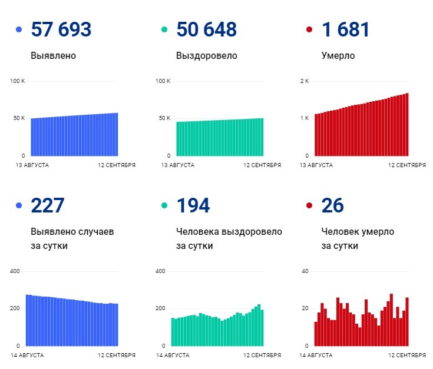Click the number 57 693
[61, 29]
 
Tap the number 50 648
[206, 29]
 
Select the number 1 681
[345, 29]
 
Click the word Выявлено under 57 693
[53, 56]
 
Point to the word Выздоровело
[206, 56]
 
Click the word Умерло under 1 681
[338, 56]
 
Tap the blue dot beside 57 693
[19, 29]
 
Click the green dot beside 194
[164, 205]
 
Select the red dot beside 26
[309, 205]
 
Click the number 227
[47, 205]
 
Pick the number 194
[193, 205]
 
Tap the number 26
[333, 205]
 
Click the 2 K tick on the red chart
[305, 81]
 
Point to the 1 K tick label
[305, 118]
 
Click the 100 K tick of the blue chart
[18, 81]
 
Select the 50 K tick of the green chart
[164, 118]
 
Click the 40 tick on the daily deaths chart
[305, 271]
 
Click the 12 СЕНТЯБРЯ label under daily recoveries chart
[262, 355]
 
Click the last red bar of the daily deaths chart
[406, 321]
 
